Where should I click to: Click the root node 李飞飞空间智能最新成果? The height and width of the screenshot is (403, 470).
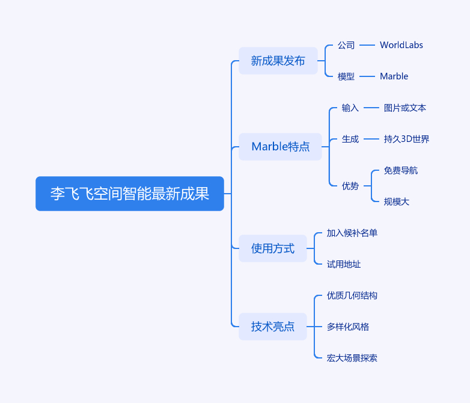click(129, 194)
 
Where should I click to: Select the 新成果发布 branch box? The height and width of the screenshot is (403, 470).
click(278, 61)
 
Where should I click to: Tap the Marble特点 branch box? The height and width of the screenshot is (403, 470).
click(280, 147)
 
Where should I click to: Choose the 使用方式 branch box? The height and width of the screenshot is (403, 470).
click(272, 248)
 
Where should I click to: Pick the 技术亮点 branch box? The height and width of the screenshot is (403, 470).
click(272, 327)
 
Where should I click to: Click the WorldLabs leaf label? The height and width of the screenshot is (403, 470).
click(401, 45)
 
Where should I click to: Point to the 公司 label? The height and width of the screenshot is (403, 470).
click(346, 45)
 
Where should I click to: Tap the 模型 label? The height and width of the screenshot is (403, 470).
click(346, 76)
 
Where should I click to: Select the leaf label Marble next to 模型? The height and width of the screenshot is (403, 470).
click(394, 76)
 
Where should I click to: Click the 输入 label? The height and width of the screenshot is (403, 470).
click(350, 108)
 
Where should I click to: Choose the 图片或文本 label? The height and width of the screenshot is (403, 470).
click(405, 108)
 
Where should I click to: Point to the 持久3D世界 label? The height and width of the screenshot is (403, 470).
click(406, 139)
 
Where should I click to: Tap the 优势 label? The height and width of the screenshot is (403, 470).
click(350, 186)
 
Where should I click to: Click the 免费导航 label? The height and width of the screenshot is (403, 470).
click(401, 170)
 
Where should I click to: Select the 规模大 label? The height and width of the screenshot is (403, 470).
click(397, 202)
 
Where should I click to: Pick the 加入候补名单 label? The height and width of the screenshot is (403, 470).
click(352, 233)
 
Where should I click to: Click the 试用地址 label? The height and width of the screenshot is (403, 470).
click(344, 264)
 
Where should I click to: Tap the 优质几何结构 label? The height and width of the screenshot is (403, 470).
click(352, 295)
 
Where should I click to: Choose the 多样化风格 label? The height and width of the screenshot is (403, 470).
click(348, 327)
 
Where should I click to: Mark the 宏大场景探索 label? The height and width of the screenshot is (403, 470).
click(352, 358)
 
